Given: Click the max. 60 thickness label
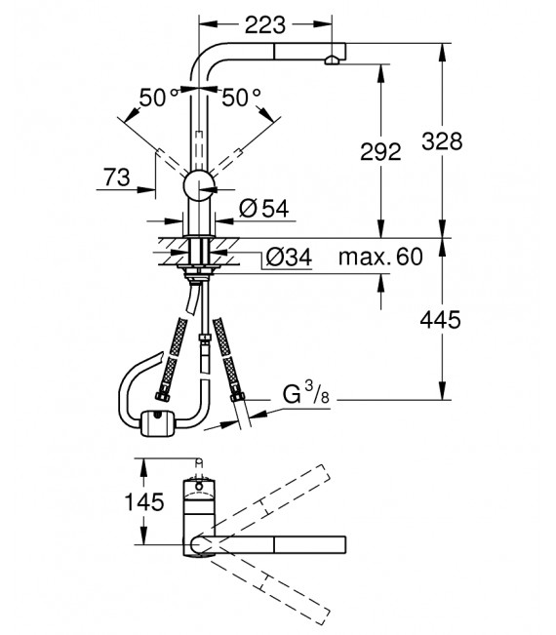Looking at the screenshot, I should (x=380, y=258).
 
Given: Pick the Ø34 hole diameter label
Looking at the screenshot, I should (x=288, y=258).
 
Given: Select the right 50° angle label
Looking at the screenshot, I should (x=242, y=98).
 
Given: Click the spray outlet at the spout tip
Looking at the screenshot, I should (x=333, y=60).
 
